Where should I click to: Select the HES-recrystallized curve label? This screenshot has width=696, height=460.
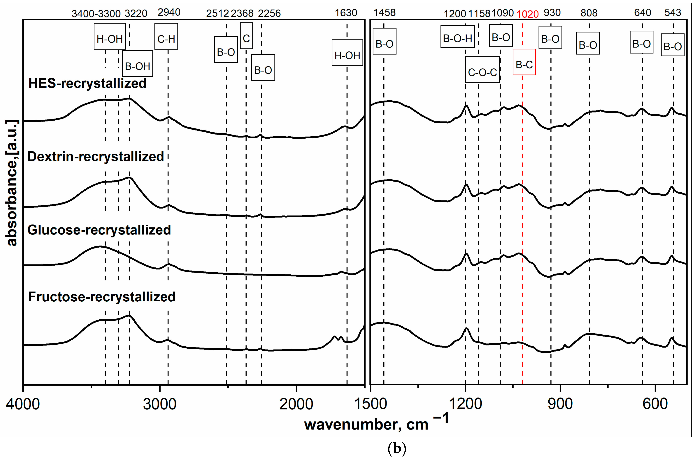click(x=87, y=83)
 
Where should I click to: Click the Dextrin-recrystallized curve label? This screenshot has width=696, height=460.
click(x=96, y=156)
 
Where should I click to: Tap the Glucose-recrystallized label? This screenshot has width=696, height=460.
click(x=99, y=230)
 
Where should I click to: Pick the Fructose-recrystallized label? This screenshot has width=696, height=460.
click(x=102, y=297)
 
